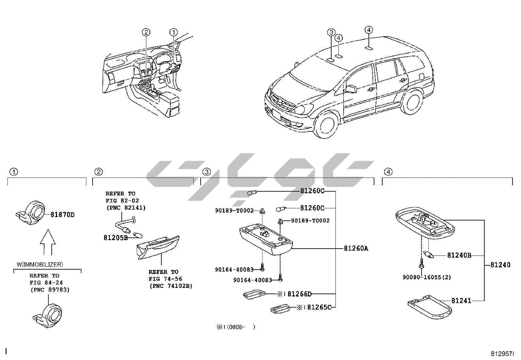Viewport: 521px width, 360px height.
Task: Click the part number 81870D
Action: point(63,215)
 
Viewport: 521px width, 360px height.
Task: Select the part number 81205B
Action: point(116,237)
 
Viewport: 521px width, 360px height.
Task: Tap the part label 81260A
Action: point(356,249)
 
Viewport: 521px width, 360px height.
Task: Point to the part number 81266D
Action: point(300,294)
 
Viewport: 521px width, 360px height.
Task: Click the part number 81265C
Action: point(319,307)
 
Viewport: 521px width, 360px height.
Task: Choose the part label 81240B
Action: point(459,255)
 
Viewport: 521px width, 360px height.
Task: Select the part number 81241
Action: point(461,300)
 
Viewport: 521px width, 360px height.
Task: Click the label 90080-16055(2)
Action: point(427,277)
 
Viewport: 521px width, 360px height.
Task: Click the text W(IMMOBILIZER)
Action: point(40,264)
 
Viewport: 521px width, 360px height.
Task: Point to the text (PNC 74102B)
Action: point(171,286)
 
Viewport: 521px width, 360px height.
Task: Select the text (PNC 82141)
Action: point(126,208)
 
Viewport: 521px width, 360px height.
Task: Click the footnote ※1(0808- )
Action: point(235,327)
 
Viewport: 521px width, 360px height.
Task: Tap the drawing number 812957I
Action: point(502,354)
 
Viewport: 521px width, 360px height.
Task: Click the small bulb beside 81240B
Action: point(429,255)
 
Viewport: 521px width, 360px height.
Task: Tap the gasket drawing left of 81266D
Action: point(254,294)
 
